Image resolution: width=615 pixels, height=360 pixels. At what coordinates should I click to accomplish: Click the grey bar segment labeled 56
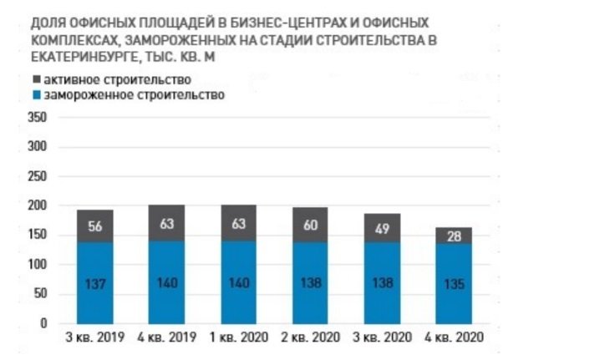(x=94, y=226)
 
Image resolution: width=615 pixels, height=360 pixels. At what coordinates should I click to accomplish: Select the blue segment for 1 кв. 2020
(x=238, y=282)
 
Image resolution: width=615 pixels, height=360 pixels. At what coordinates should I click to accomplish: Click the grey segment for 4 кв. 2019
(x=166, y=223)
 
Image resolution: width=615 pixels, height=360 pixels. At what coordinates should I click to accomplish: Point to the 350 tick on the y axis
(x=38, y=118)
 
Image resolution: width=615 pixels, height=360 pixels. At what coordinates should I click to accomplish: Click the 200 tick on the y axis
(x=38, y=206)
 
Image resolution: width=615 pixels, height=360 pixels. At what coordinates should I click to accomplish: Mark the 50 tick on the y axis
(x=40, y=294)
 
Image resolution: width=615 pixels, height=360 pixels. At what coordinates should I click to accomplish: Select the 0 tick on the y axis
(x=43, y=323)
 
